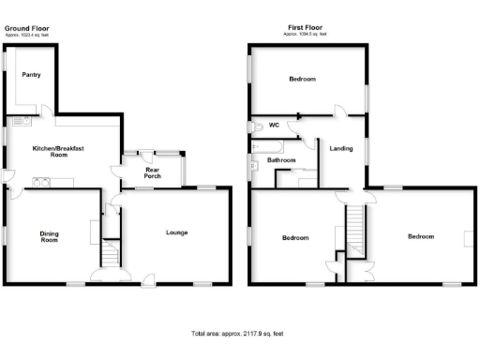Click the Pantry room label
tap(31, 74)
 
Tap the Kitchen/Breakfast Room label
tap(51, 152)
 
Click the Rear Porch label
tap(152, 172)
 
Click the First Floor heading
tap(306, 28)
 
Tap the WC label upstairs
tap(275, 125)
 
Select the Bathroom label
tap(281, 160)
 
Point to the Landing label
tap(340, 147)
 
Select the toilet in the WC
tap(255, 126)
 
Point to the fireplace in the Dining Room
tap(93, 230)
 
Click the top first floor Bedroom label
tap(302, 80)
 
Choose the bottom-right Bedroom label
tap(421, 236)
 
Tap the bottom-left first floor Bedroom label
tap(296, 238)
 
